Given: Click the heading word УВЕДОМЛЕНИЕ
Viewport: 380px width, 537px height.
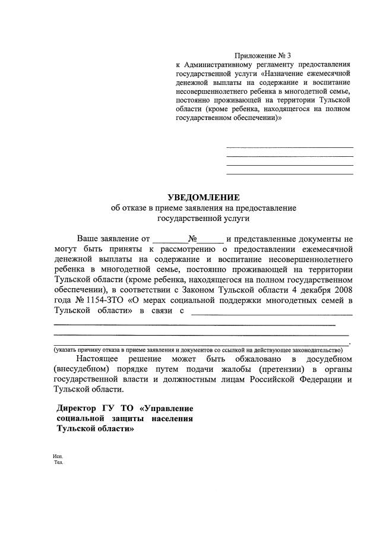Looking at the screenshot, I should (204, 197).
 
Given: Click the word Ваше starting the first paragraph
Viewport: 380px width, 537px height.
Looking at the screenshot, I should (88, 239).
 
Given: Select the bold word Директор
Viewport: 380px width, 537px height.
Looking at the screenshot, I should (78, 409).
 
